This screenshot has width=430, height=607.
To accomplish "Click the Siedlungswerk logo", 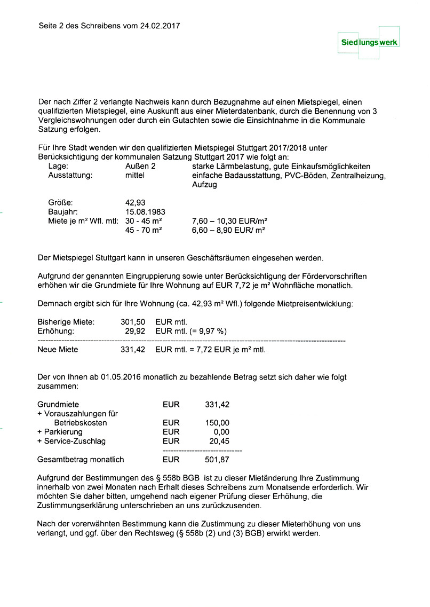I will (370, 42).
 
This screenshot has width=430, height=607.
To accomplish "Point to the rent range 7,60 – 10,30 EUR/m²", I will (229, 220).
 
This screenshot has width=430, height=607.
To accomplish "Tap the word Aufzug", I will (205, 185).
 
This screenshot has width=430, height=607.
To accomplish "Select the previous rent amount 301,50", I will (133, 322).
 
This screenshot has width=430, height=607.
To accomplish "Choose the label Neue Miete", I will (58, 350).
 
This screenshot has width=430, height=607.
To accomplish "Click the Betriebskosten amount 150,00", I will (217, 423).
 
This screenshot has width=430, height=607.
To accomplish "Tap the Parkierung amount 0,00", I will (221, 432).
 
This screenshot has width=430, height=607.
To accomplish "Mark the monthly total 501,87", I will (217, 460).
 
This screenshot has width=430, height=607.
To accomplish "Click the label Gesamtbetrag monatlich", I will (80, 460).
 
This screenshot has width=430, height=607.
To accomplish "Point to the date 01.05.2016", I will (121, 377).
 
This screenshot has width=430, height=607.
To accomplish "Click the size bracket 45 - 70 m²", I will (144, 230).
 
